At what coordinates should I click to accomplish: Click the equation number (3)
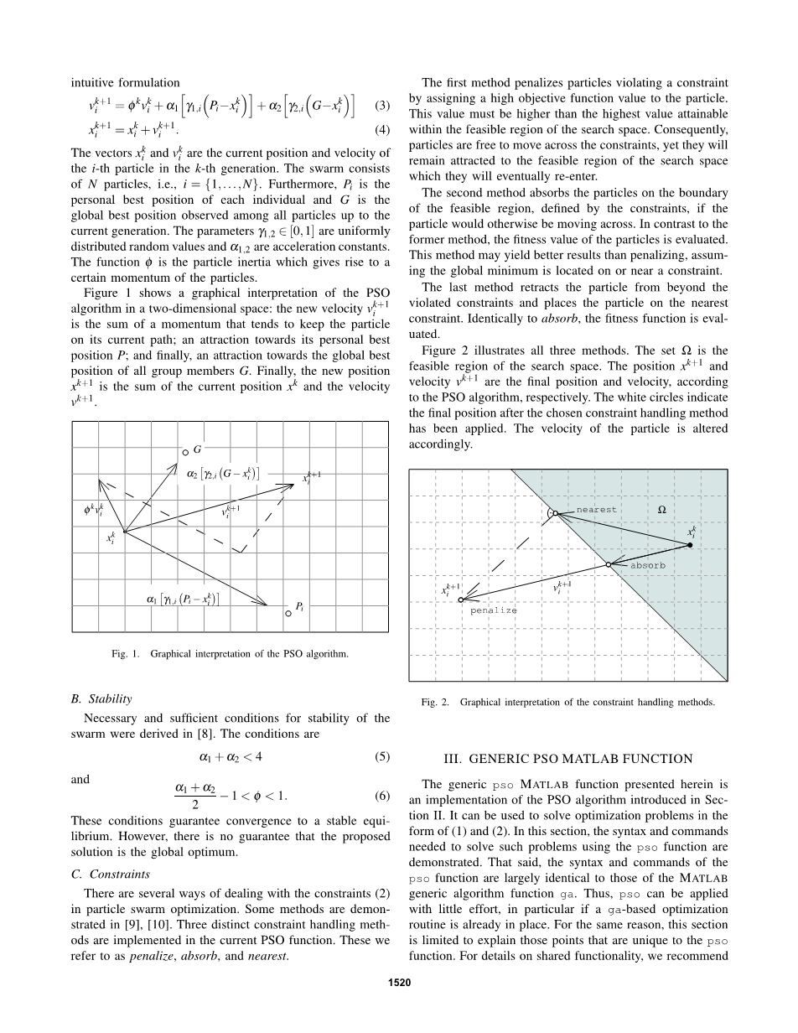click(x=382, y=106)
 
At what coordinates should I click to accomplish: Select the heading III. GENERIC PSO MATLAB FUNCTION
click(x=567, y=759)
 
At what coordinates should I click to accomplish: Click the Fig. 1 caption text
click(x=231, y=653)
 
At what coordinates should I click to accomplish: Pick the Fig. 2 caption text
click(x=567, y=702)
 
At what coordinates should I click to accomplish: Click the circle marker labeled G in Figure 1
click(x=185, y=452)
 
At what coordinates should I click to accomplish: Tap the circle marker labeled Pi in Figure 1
click(x=288, y=613)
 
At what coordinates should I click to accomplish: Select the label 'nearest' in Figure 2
click(x=596, y=510)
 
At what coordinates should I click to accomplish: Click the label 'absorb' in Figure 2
click(x=647, y=566)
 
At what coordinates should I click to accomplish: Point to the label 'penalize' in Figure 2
click(x=493, y=611)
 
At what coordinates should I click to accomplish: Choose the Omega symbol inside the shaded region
click(x=661, y=509)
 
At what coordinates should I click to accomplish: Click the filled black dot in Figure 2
click(x=690, y=546)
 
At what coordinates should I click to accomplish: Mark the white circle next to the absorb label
click(x=609, y=565)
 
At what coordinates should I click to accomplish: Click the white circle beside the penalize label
click(x=461, y=600)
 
